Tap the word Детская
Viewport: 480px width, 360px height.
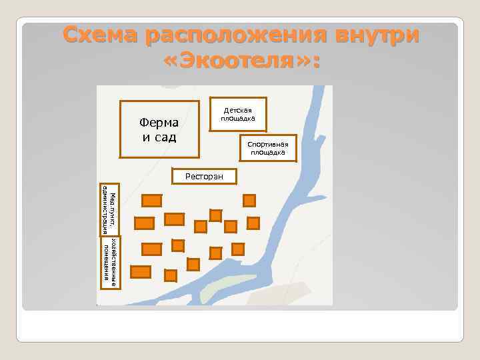coord(237,109)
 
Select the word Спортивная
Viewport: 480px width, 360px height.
coord(267,145)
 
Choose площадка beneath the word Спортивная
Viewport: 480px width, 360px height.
coord(267,153)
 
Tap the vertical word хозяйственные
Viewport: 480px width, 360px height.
coord(113,263)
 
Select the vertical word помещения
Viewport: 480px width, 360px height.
coord(105,263)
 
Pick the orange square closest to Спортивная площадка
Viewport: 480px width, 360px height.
coord(249,200)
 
